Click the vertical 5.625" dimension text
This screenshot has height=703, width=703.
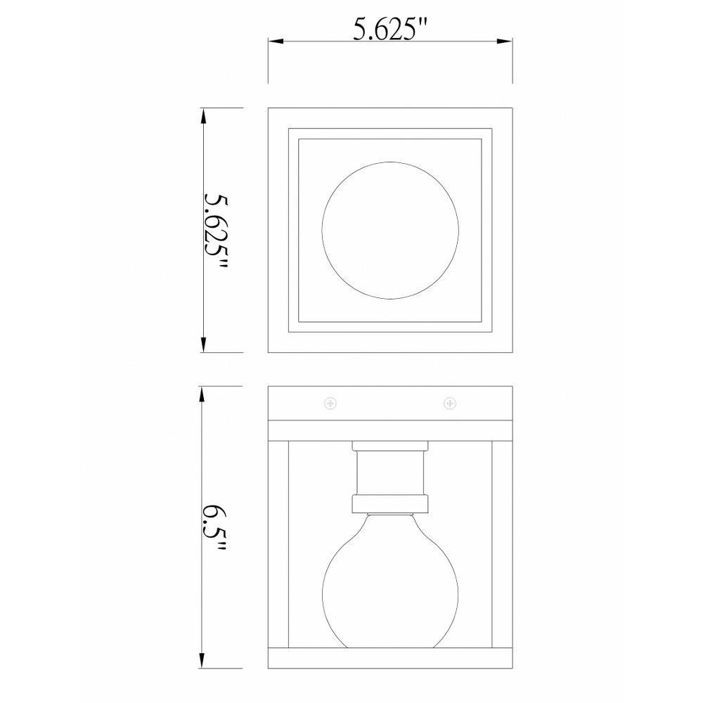point(216,231)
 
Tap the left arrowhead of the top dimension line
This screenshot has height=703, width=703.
point(276,41)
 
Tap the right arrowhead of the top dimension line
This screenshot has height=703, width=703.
point(505,41)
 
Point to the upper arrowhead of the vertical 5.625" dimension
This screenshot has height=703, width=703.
point(204,116)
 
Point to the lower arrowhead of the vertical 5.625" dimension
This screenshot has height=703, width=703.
point(204,344)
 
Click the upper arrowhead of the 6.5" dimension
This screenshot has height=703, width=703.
point(202,394)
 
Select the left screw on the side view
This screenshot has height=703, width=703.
point(330,404)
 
